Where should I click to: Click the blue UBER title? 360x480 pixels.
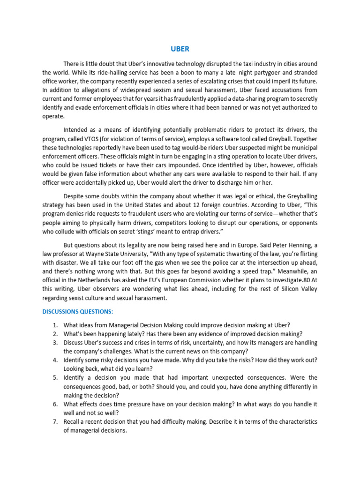tap(180, 49)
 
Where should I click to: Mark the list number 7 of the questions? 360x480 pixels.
tap(55, 421)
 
